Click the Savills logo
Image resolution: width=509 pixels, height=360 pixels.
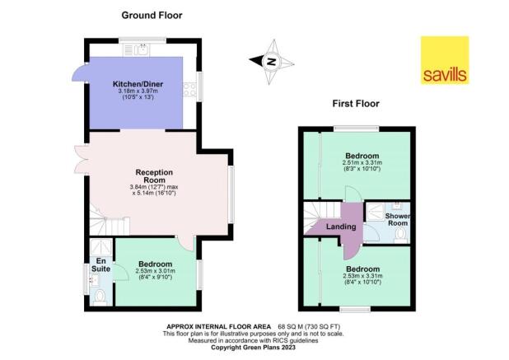pos(444,60)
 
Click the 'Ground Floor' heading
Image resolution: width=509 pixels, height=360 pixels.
pos(152,15)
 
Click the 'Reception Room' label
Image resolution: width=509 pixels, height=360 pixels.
pos(154,176)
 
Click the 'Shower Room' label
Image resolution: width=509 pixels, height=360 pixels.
pos(398,220)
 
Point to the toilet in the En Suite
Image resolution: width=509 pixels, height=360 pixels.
pos(99,295)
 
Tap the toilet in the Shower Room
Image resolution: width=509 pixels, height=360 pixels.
pos(399,236)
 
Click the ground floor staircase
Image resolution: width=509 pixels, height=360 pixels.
pos(110,224)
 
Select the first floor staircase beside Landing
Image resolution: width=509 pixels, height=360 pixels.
pos(315,216)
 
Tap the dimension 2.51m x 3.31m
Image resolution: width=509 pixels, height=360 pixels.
pos(362,163)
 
